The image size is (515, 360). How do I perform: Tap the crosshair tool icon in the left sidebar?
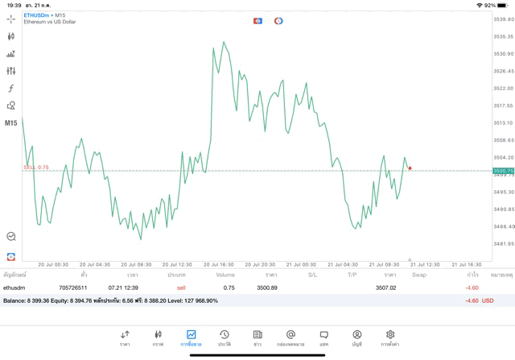click(x=11, y=19)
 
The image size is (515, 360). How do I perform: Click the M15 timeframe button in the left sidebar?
click(x=11, y=123)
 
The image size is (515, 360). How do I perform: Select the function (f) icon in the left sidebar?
click(x=11, y=89)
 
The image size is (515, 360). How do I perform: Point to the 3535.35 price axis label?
click(x=503, y=36)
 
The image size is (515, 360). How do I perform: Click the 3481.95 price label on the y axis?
click(x=503, y=243)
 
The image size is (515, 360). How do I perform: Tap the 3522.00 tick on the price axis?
click(x=503, y=88)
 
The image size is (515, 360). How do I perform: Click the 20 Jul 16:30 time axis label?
click(x=218, y=264)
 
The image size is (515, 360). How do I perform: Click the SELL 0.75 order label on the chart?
click(x=36, y=168)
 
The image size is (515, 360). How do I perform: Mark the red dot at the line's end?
click(x=410, y=168)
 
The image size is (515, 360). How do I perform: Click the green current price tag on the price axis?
click(x=503, y=171)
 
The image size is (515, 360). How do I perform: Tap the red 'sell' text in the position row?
click(x=181, y=288)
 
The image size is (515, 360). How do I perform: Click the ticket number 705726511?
click(x=73, y=288)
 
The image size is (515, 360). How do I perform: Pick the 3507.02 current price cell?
click(x=385, y=288)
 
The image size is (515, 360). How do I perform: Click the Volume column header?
click(x=225, y=275)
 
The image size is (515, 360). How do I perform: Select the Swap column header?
click(x=419, y=275)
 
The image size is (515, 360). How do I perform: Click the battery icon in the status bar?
click(x=504, y=5)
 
